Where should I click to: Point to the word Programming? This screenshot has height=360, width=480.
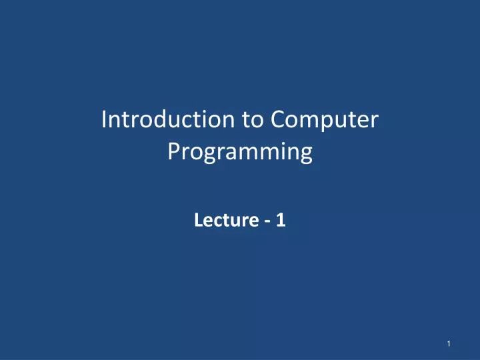point(240,153)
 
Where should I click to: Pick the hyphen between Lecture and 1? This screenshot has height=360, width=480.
point(267,221)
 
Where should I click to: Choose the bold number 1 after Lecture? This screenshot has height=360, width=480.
point(281,220)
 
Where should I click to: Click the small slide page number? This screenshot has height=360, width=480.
point(451,343)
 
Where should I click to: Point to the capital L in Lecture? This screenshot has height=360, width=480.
point(197,220)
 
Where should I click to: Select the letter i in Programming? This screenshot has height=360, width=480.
point(281,152)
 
